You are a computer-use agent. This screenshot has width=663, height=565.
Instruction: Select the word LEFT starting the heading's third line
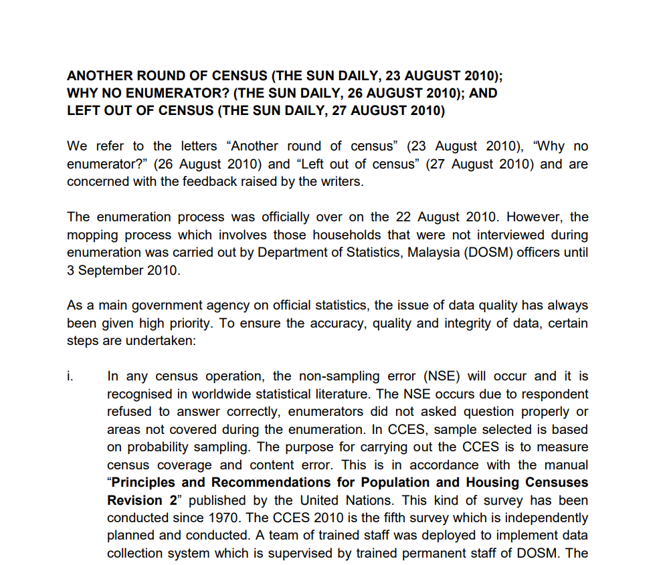point(83,110)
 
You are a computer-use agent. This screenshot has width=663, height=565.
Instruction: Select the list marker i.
point(70,377)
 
